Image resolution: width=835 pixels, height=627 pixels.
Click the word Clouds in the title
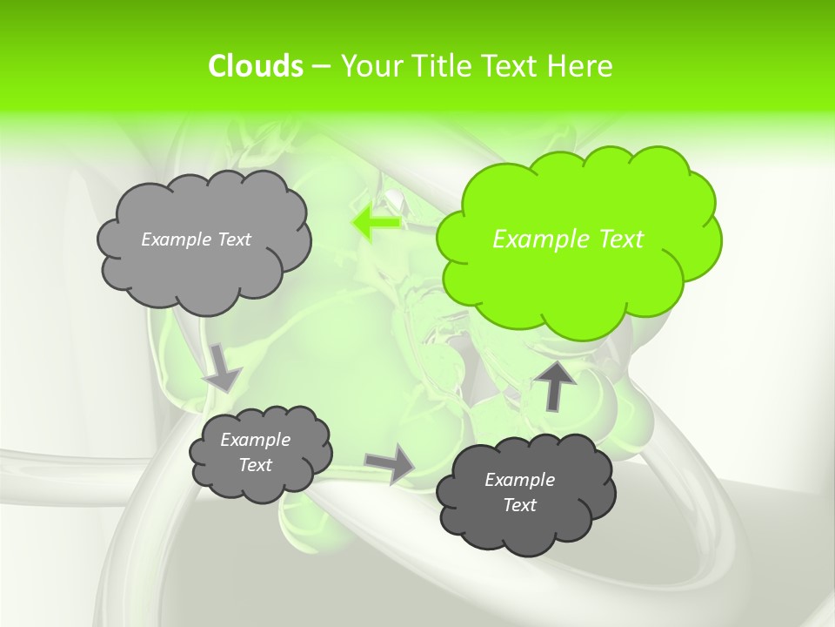point(255,66)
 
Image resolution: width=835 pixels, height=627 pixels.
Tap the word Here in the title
point(580,66)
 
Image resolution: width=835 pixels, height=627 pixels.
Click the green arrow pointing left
point(377,223)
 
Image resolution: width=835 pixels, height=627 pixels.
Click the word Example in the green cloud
point(540,239)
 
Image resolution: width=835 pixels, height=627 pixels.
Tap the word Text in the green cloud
point(618,239)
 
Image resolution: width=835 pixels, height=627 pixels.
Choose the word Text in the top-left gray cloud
point(233,239)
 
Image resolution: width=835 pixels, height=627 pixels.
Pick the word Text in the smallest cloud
point(255,465)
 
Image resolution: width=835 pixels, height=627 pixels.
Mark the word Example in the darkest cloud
point(519,480)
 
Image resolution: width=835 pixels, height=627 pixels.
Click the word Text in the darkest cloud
point(519,505)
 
